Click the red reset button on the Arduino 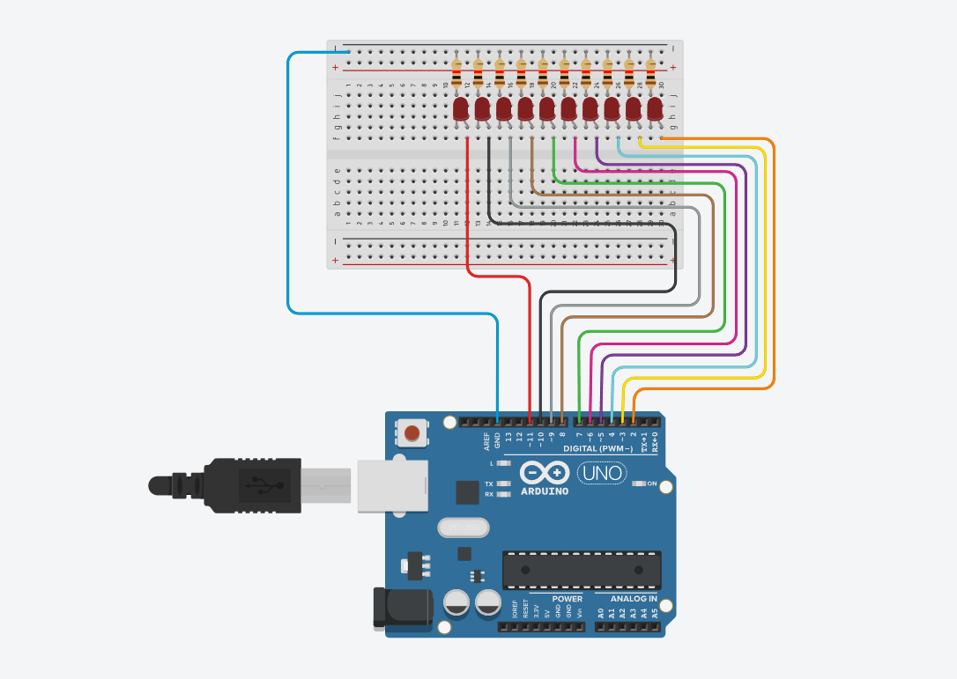(x=412, y=432)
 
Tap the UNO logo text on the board (x=603, y=474)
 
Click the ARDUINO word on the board (x=545, y=491)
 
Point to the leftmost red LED (x=460, y=109)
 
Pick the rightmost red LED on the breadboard (x=655, y=109)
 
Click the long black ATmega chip (x=582, y=570)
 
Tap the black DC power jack (x=400, y=607)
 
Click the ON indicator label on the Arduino (x=652, y=483)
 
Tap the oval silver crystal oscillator (x=462, y=527)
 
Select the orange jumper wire (x=774, y=264)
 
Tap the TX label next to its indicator (x=489, y=483)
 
